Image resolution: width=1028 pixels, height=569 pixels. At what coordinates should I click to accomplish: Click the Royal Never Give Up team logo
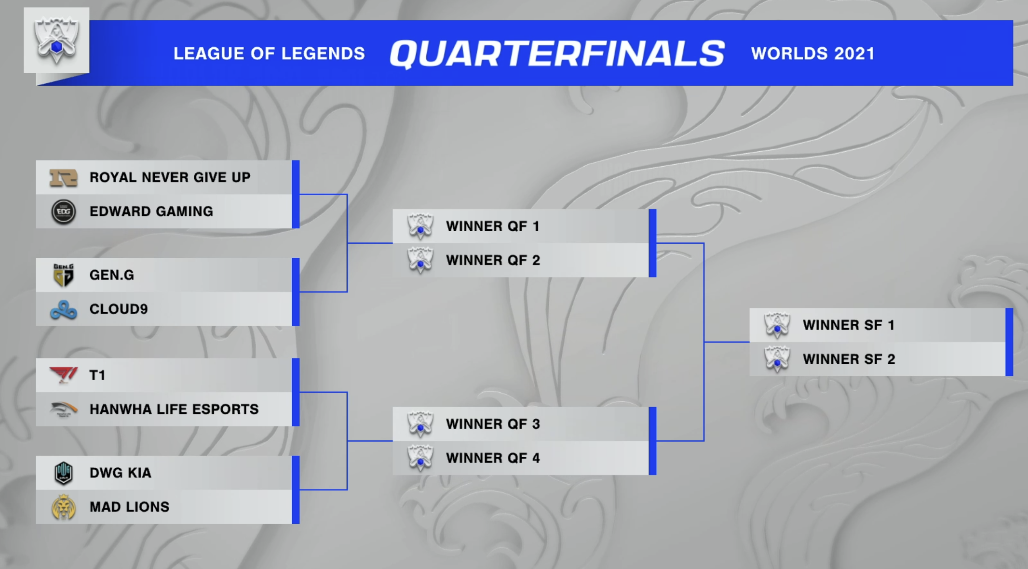pos(63,178)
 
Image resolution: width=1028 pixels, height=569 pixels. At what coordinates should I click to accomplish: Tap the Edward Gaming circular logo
pos(63,212)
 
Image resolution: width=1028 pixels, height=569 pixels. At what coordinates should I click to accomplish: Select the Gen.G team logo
pos(63,275)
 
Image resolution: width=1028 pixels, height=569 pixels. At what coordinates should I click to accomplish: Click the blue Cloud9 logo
pos(63,310)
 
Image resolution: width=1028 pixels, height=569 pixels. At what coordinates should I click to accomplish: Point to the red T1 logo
pos(63,375)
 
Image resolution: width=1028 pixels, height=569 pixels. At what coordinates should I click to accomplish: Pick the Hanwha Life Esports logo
pos(63,410)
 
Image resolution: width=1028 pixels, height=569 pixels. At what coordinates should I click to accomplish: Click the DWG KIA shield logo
pos(63,473)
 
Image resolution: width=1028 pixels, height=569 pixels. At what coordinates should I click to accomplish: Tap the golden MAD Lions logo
pos(63,507)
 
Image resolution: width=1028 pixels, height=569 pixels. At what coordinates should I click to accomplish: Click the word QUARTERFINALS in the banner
pos(557,53)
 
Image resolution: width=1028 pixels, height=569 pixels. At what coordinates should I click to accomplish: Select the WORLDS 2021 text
pos(812,53)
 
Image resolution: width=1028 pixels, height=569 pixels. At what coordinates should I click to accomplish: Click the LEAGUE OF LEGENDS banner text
pos(269,53)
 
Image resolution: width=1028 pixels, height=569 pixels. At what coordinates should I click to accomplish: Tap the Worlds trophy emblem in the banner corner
pos(56,40)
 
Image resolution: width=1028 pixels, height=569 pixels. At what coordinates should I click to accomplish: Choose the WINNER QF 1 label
pos(492,226)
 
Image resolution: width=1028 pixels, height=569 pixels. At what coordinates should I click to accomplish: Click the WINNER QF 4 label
pos(493,458)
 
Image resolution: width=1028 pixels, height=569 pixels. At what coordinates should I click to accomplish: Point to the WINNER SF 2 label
pos(849,359)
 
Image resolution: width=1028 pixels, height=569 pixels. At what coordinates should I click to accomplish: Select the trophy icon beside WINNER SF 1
pos(777,325)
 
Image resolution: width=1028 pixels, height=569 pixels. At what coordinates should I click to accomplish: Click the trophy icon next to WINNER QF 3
pos(420,424)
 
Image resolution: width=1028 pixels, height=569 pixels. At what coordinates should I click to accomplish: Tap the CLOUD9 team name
pos(119,309)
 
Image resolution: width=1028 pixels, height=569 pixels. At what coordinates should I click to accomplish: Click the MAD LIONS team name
pos(129,507)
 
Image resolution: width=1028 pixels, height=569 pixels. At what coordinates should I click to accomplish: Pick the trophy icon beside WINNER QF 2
pos(420,260)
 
